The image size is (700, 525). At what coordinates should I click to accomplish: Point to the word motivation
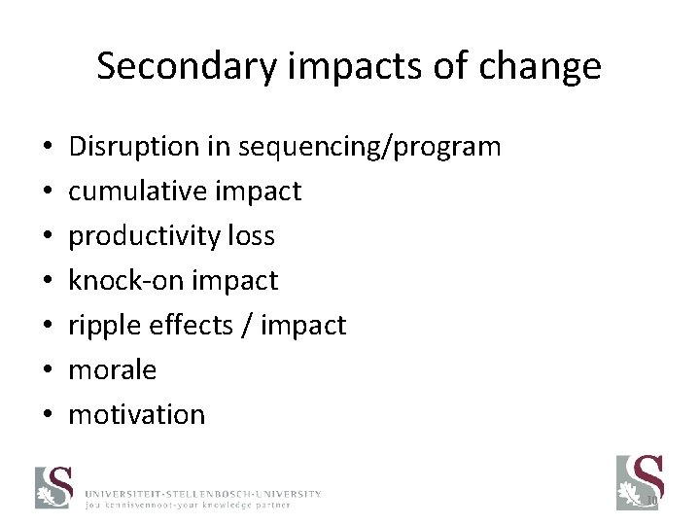click(137, 415)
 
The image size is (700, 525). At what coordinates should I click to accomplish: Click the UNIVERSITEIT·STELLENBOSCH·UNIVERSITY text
click(201, 494)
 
